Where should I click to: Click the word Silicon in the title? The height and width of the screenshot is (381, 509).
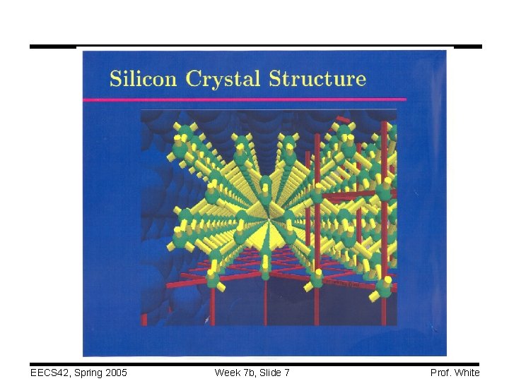coord(143,78)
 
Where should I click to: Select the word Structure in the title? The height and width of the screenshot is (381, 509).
coord(317,78)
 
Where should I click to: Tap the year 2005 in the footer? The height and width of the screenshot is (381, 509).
coord(116,372)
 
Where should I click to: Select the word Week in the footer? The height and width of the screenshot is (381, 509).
coord(227,372)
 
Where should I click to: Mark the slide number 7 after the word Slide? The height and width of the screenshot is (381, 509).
coord(287,372)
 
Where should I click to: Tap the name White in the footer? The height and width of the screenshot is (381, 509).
coord(467,372)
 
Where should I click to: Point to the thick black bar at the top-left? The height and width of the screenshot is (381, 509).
coord(53,47)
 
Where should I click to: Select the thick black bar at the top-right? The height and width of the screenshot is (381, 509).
coord(467,47)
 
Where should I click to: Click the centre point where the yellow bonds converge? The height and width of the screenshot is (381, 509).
coord(267,210)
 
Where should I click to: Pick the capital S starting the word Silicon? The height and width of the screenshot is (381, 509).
coord(116,78)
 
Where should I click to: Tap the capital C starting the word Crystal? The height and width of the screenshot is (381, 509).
coord(193,78)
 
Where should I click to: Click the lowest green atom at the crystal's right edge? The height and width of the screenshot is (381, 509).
coord(384,288)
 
